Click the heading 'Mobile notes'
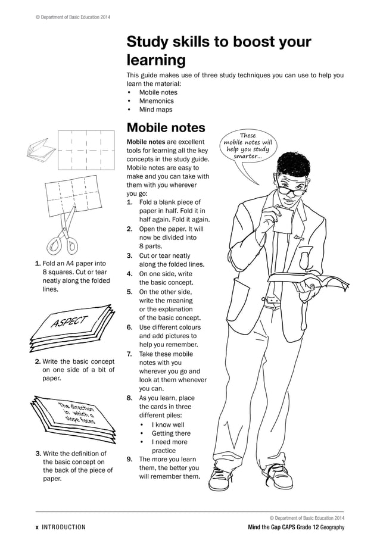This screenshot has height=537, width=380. [166, 127]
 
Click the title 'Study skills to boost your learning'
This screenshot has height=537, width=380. [218, 51]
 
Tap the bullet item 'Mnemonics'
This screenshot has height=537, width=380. [156, 101]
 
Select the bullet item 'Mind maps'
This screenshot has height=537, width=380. [155, 110]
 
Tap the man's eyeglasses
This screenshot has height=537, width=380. [290, 191]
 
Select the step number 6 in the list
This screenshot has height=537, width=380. [129, 327]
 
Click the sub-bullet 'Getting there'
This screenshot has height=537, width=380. [171, 433]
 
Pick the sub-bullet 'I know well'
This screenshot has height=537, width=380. [168, 424]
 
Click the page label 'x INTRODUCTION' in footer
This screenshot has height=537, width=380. [60, 527]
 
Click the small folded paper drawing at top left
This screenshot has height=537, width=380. [41, 148]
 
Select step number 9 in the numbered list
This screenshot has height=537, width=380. [129, 459]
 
